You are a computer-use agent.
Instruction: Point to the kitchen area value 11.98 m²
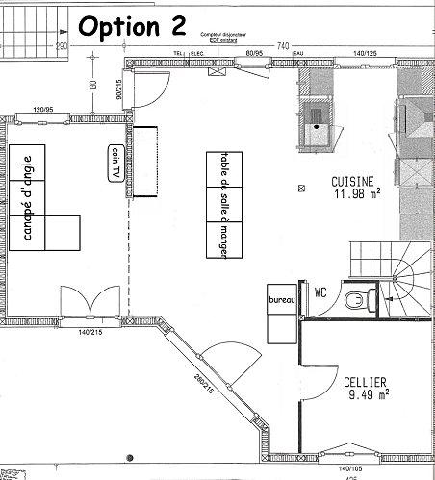[x=356, y=194]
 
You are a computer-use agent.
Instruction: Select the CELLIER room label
[x=366, y=381]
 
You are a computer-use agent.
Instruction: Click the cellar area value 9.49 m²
[x=366, y=393]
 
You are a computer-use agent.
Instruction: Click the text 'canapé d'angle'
[x=28, y=197]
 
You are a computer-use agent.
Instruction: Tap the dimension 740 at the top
[x=283, y=46]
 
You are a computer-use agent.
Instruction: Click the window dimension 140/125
[x=364, y=54]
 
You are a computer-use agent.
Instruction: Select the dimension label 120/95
[x=41, y=109]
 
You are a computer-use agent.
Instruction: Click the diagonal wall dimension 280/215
[x=203, y=384]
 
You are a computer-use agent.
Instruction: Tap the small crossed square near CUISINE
[x=302, y=186]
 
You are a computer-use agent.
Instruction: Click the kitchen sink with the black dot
[x=317, y=122]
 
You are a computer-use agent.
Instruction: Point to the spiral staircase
[x=404, y=279]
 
